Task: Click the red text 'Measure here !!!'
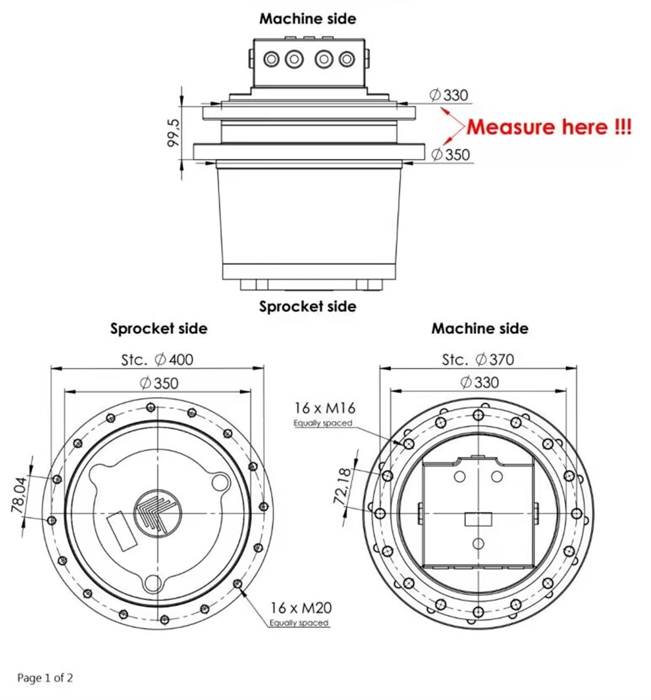[548, 127]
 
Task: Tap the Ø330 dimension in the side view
[449, 95]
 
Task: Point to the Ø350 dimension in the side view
[451, 155]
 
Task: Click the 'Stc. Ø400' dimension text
[157, 359]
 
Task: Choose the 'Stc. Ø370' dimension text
[478, 359]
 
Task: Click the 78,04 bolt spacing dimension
[19, 495]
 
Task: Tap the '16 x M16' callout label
[324, 408]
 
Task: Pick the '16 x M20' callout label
[301, 607]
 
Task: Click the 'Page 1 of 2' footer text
[45, 678]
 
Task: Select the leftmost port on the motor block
[271, 59]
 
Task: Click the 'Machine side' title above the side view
[308, 18]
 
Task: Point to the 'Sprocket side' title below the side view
[308, 306]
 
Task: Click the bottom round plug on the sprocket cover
[154, 584]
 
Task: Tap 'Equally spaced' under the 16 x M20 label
[299, 623]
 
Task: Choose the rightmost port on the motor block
[347, 59]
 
